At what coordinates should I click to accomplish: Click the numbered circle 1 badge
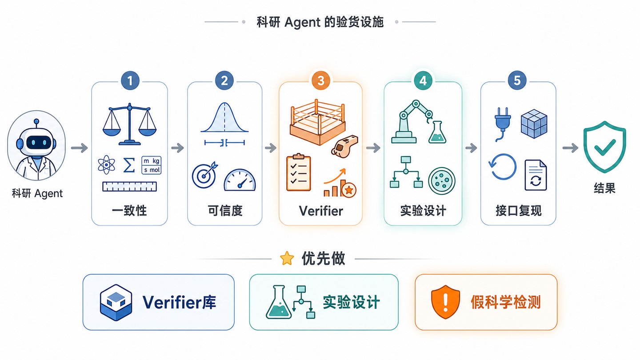130,80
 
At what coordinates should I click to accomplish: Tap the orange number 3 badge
320,80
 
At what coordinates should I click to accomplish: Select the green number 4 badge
423,80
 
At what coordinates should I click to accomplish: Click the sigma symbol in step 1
129,165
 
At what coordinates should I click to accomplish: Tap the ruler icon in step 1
129,187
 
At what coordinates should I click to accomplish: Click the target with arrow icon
205,175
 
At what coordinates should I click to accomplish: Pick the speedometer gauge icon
240,180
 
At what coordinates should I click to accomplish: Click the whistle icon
344,146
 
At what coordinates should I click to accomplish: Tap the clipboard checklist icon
299,172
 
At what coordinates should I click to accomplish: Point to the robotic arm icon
412,121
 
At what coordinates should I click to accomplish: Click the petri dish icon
442,181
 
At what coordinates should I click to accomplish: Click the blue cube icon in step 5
534,124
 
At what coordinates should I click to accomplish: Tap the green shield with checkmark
604,147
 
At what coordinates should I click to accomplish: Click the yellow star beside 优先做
287,258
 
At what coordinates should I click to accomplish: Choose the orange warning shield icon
445,302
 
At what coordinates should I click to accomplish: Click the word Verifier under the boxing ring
321,211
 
